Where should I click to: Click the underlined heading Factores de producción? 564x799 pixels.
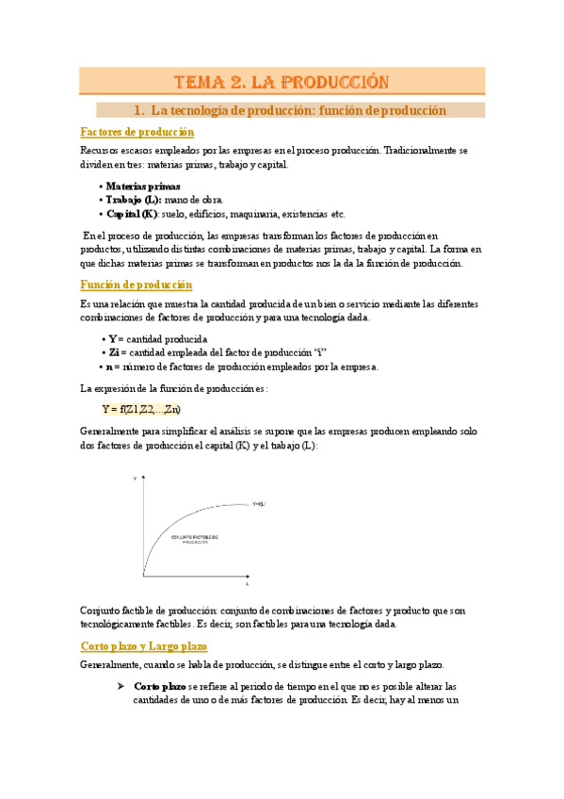click(137, 132)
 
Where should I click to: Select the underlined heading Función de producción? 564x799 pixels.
click(137, 284)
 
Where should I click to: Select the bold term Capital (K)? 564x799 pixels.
click(131, 213)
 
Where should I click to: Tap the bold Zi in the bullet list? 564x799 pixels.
click(114, 352)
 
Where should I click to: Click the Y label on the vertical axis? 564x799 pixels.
click(135, 479)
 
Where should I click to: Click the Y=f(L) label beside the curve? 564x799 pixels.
click(258, 505)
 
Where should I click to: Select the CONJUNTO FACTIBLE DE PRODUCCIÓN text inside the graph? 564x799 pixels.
click(195, 539)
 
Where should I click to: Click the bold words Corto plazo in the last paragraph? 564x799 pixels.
click(160, 686)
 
